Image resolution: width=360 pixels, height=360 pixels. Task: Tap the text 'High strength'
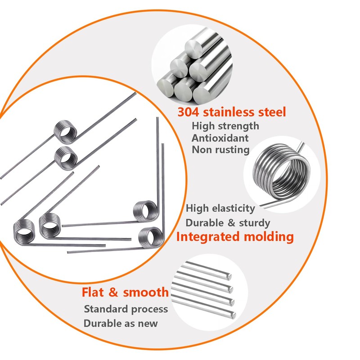coord(225,126)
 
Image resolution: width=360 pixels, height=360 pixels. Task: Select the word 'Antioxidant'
coord(220,138)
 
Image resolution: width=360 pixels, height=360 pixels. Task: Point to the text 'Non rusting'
coord(220,149)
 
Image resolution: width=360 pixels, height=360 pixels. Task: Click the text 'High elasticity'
coord(220,209)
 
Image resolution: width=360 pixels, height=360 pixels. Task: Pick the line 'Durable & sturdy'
coord(228,223)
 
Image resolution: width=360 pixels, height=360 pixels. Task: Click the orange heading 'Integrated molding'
coord(235,237)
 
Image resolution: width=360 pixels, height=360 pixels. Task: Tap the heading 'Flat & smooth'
coord(125,292)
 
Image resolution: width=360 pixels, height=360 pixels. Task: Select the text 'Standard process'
coord(126,309)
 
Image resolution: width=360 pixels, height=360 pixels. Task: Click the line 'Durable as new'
coord(121,323)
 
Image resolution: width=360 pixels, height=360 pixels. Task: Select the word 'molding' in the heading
coord(270,237)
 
